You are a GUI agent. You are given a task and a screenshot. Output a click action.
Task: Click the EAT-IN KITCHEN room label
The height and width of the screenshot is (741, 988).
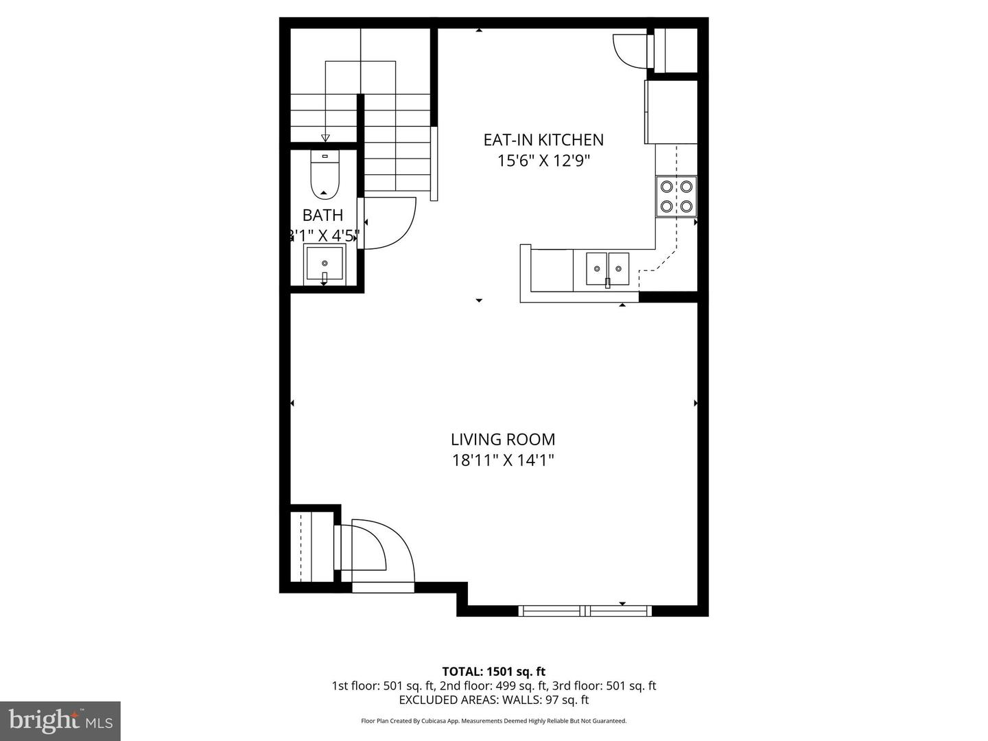click(x=543, y=140)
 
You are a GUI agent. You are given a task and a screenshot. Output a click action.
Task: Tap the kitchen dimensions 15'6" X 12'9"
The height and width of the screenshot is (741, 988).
click(x=543, y=161)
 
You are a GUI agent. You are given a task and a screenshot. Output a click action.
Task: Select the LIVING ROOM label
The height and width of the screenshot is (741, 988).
click(x=503, y=440)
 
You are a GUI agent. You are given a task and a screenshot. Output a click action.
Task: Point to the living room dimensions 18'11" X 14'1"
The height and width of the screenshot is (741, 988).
click(x=503, y=460)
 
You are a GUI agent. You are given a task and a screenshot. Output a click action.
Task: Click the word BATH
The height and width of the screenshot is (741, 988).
click(x=322, y=215)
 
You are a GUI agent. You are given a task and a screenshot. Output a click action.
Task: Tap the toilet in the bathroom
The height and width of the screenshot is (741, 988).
click(x=325, y=175)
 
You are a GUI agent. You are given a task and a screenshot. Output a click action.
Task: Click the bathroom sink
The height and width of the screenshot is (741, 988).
click(x=325, y=263)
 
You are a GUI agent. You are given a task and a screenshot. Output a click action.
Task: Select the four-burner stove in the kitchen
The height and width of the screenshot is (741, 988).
click(x=676, y=196)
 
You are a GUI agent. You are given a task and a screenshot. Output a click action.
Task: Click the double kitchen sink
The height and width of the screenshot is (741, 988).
click(x=607, y=268)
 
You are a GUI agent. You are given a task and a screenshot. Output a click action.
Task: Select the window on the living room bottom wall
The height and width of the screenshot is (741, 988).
click(x=585, y=610)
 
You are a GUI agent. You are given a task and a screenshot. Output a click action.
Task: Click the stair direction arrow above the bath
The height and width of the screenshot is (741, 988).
click(x=325, y=137)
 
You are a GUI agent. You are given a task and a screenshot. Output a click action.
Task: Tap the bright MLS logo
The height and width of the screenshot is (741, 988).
click(x=60, y=720)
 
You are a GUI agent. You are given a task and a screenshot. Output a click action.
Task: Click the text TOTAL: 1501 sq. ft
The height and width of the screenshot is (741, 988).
click(x=493, y=672)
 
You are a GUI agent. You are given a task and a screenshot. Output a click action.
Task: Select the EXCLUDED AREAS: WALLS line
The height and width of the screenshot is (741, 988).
click(x=493, y=701)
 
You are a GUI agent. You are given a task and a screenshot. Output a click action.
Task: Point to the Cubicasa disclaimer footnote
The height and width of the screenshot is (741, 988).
click(x=493, y=721)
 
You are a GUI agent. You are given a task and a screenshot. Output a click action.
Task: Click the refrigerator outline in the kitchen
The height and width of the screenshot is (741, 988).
click(x=671, y=112)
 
